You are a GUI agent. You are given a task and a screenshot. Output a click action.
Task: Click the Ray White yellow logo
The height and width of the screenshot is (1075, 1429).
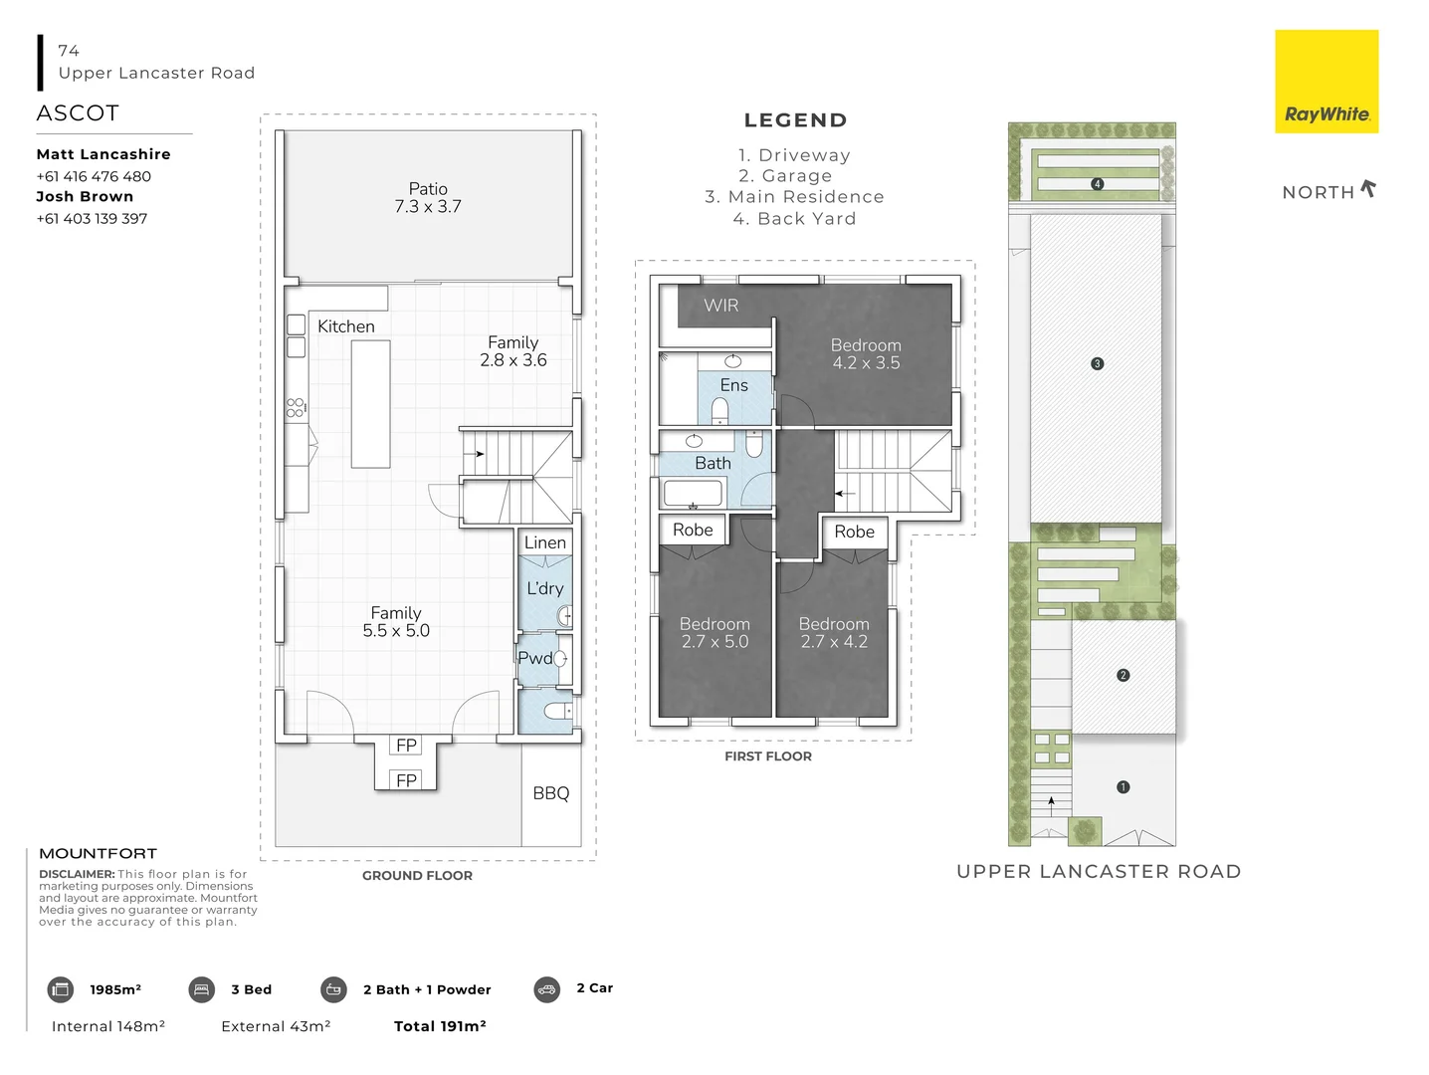pyautogui.click(x=1326, y=82)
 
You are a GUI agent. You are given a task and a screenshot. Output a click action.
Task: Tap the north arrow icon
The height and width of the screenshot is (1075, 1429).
pyautogui.click(x=1368, y=188)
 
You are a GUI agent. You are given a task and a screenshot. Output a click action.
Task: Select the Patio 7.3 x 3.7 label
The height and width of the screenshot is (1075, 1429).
pyautogui.click(x=428, y=198)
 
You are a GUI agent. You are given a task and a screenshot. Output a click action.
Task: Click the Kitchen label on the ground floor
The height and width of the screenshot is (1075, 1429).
pyautogui.click(x=346, y=326)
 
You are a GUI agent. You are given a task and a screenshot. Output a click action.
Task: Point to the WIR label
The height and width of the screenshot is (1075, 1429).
pyautogui.click(x=721, y=306)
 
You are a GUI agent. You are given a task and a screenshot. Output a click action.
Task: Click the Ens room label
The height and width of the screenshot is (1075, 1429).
pyautogui.click(x=733, y=385)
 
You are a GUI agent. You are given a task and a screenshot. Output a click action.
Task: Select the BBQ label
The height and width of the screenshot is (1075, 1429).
pyautogui.click(x=551, y=793)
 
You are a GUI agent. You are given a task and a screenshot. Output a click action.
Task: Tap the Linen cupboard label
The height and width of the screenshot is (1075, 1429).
pyautogui.click(x=545, y=542)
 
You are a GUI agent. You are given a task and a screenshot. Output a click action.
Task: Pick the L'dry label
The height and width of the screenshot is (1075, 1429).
pyautogui.click(x=545, y=588)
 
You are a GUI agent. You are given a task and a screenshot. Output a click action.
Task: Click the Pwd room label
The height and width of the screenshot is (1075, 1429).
pyautogui.click(x=535, y=658)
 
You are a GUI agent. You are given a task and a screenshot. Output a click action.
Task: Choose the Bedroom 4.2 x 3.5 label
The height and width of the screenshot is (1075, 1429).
pyautogui.click(x=866, y=354)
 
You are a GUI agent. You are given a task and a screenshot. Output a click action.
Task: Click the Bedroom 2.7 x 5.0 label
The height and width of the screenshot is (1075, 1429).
pyautogui.click(x=714, y=633)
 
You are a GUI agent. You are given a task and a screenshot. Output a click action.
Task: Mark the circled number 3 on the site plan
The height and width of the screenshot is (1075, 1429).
pyautogui.click(x=1097, y=364)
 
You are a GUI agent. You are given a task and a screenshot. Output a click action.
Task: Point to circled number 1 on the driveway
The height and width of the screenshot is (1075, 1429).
pyautogui.click(x=1123, y=787)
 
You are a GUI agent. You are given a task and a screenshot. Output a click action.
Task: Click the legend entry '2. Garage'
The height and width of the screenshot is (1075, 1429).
pyautogui.click(x=785, y=176)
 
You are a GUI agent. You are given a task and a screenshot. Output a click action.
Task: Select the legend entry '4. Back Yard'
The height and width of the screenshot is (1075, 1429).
pyautogui.click(x=794, y=219)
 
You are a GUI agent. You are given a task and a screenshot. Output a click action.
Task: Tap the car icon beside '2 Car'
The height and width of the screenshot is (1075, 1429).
pyautogui.click(x=547, y=989)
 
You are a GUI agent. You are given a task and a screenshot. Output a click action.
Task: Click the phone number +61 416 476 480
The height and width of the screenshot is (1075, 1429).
pyautogui.click(x=94, y=176)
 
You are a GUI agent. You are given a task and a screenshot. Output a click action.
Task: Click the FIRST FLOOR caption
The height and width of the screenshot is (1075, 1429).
pyautogui.click(x=768, y=756)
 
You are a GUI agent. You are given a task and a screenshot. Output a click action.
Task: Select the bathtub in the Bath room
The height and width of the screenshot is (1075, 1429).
pyautogui.click(x=693, y=493)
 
